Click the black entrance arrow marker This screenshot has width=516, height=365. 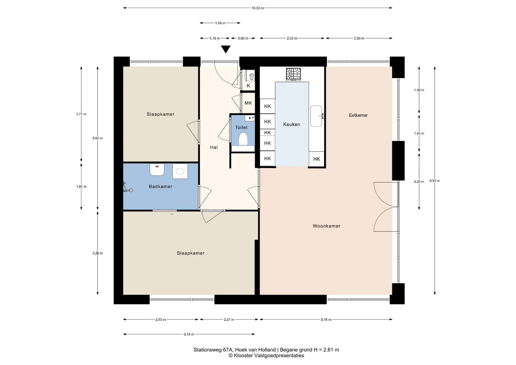(x=226, y=49)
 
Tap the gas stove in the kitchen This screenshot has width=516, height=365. (x=293, y=74)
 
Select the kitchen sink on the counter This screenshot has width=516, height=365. (x=317, y=116)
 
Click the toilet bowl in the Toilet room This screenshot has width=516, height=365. (x=243, y=139)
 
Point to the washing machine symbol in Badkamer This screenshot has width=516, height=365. (x=180, y=171)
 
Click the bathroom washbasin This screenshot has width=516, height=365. (x=157, y=170)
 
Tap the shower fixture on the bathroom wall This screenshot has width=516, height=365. (x=127, y=187)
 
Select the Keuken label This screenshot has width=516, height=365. (x=292, y=124)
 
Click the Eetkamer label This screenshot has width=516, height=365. (x=358, y=115)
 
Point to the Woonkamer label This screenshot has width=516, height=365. (x=327, y=226)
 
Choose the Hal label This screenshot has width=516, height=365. (x=214, y=147)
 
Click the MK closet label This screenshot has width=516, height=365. (x=248, y=103)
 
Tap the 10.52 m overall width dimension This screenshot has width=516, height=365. (x=258, y=8)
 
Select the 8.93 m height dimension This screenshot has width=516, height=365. (x=435, y=181)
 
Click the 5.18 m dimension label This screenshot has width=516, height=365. (x=326, y=320)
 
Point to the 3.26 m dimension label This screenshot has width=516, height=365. (x=98, y=253)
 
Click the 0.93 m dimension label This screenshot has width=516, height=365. (x=243, y=38)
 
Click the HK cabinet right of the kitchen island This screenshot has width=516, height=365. (x=317, y=159)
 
